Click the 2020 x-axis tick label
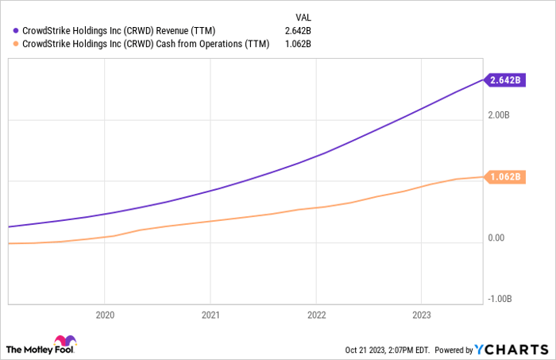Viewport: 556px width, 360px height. [105, 315]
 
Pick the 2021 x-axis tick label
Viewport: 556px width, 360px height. [210, 315]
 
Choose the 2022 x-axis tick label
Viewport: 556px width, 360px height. [315, 315]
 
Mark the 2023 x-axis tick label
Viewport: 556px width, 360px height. [421, 315]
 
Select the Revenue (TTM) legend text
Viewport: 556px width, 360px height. [118, 31]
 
